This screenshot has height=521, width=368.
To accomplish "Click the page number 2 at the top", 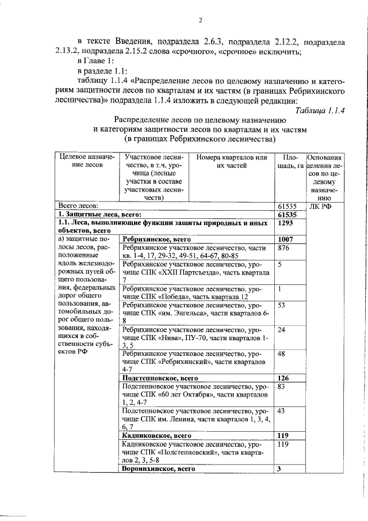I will coord(201,21).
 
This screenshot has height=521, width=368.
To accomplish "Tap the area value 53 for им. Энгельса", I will coord(282,305).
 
